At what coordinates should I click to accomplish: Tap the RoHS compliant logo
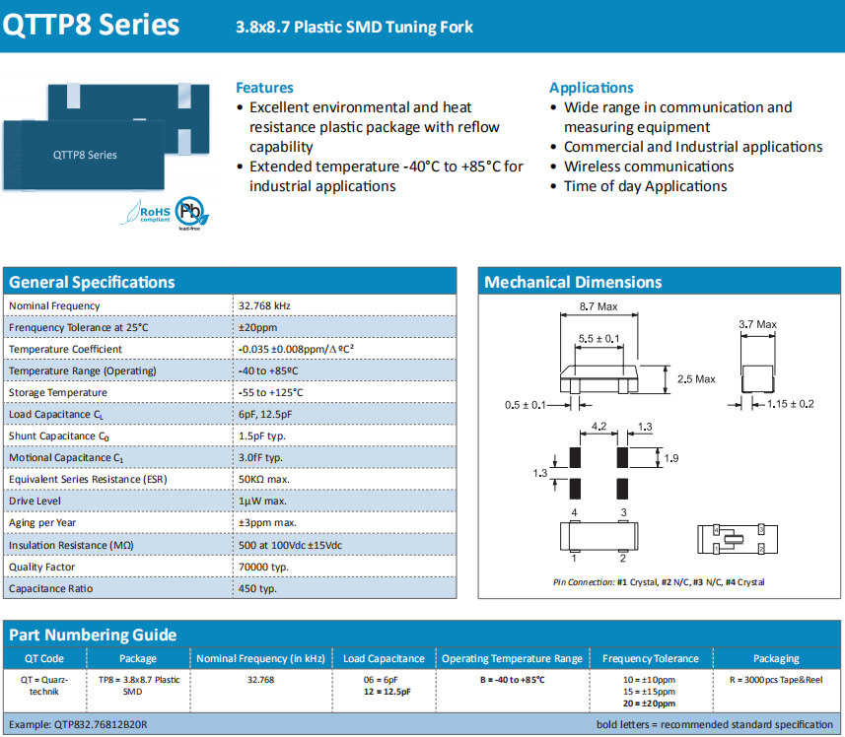145,212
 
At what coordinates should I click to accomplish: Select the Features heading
264,88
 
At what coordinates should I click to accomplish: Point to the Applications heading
592,88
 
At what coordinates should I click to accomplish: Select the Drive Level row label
35,502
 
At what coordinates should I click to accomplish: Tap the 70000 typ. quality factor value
263,567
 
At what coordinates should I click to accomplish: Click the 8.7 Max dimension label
599,306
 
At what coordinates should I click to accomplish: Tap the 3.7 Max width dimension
757,324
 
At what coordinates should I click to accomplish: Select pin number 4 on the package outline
574,513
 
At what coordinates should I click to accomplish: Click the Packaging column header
776,658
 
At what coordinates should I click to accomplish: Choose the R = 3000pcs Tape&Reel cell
776,680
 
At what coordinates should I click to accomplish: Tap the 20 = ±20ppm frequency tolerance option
649,703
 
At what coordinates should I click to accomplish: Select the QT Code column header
44,658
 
